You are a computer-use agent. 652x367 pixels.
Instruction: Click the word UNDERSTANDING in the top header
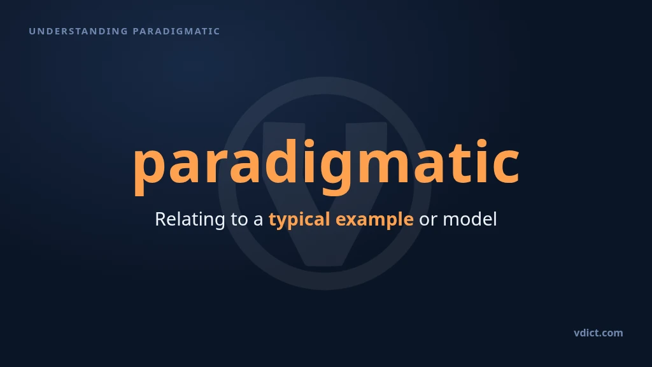[78, 31]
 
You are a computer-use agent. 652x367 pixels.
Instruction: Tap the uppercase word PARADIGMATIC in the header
[176, 31]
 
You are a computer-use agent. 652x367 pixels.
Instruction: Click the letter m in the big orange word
[383, 164]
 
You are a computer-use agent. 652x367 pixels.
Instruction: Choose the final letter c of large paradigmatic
[505, 164]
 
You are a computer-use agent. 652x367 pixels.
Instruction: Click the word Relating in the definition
[190, 219]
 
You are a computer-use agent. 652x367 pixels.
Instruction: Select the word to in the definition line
[239, 220]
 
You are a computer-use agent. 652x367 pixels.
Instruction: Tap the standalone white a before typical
[259, 221]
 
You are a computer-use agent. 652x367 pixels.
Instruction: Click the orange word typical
[299, 220]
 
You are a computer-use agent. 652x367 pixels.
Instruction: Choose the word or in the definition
[428, 221]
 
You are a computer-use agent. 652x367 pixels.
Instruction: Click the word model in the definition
[470, 219]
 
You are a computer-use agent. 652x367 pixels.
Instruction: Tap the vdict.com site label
[599, 333]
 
